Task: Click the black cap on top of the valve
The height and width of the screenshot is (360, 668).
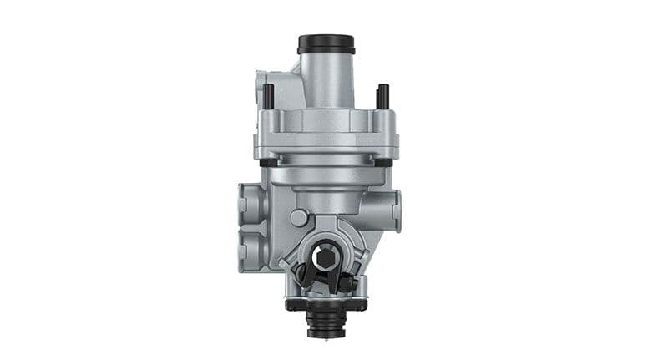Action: (x=326, y=43)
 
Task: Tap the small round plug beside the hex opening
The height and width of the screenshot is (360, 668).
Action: (x=297, y=218)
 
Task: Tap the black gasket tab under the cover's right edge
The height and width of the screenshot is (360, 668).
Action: (x=387, y=160)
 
